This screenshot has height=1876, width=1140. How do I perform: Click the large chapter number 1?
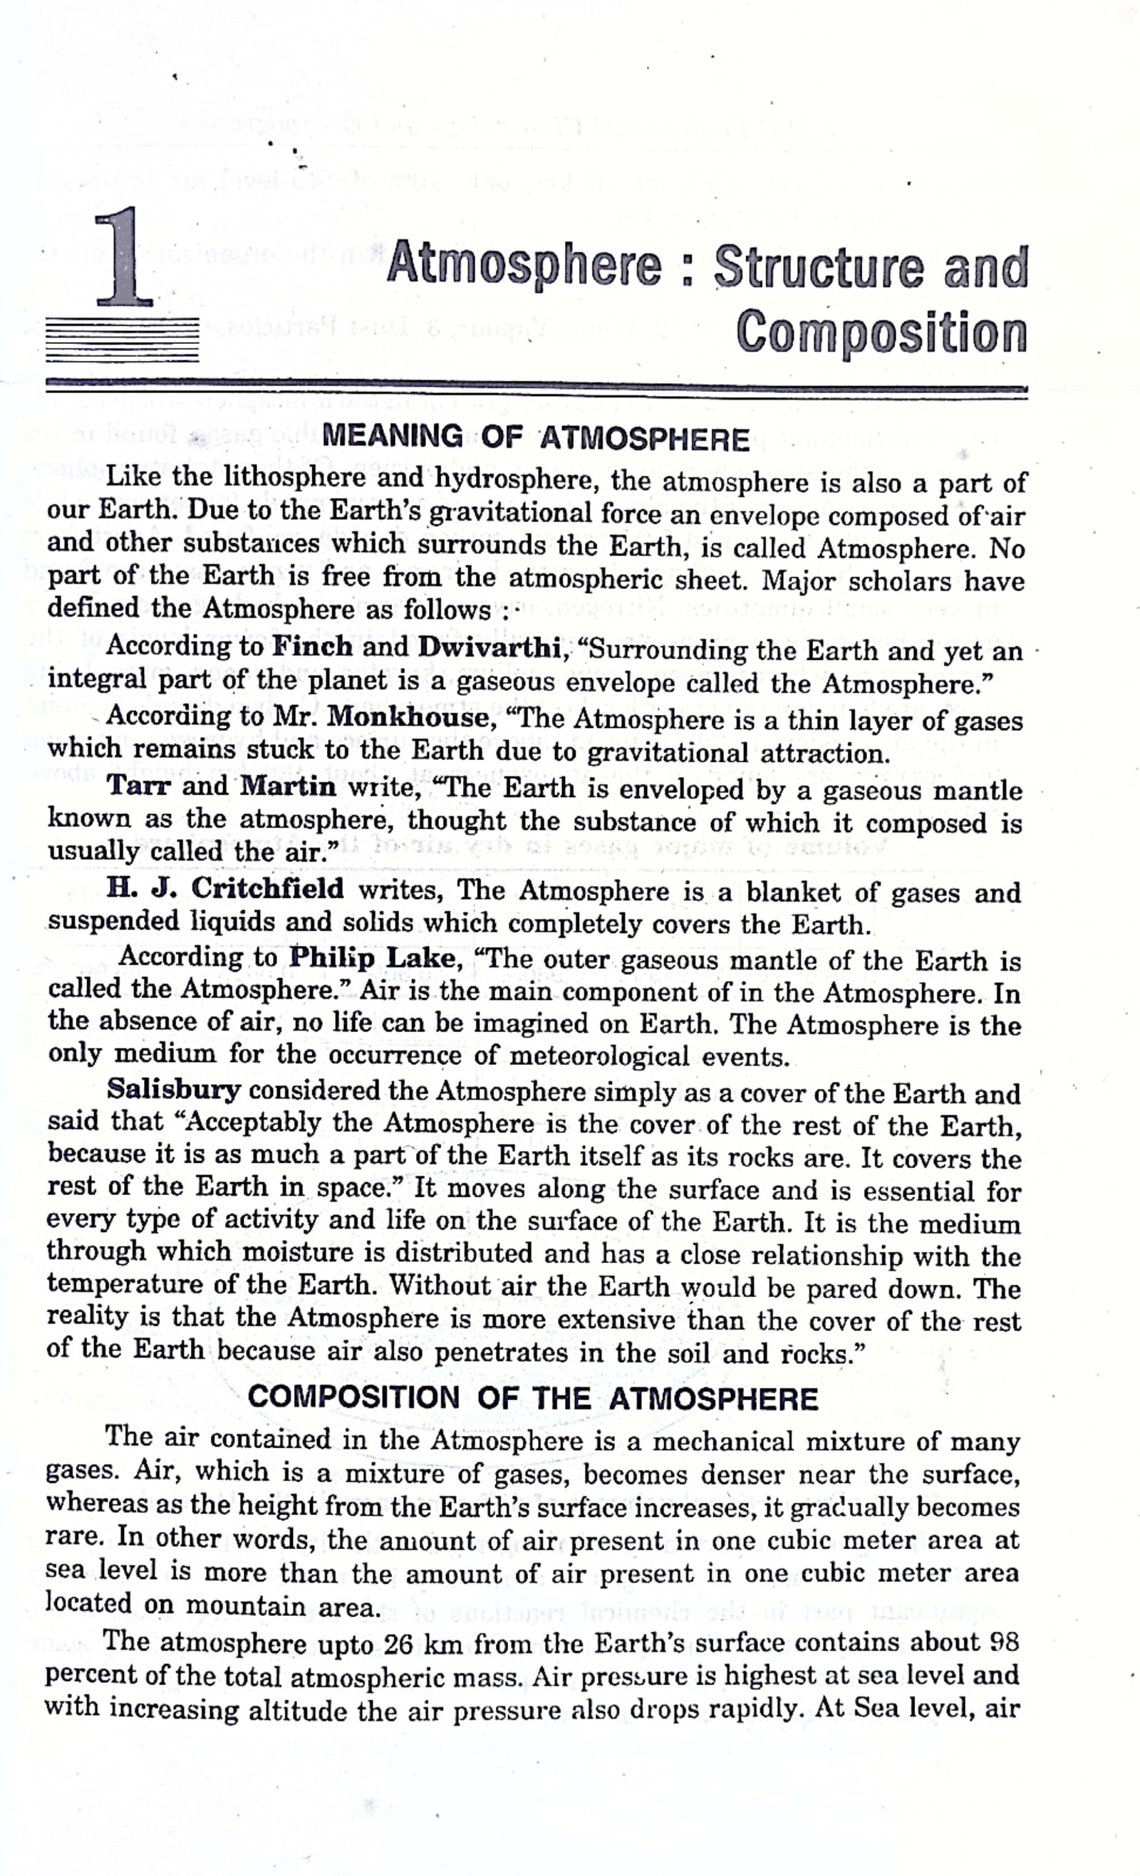click(x=125, y=259)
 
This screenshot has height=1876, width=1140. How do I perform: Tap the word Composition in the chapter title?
click(x=881, y=333)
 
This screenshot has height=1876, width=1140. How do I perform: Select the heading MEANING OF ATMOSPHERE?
click(x=536, y=438)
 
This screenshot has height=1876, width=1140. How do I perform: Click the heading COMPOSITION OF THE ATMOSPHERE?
click(x=532, y=1398)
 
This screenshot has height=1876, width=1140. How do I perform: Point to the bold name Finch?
click(x=313, y=647)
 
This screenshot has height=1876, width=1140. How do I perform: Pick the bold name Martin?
click(x=287, y=786)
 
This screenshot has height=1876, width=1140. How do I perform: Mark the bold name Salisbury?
click(x=174, y=1090)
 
